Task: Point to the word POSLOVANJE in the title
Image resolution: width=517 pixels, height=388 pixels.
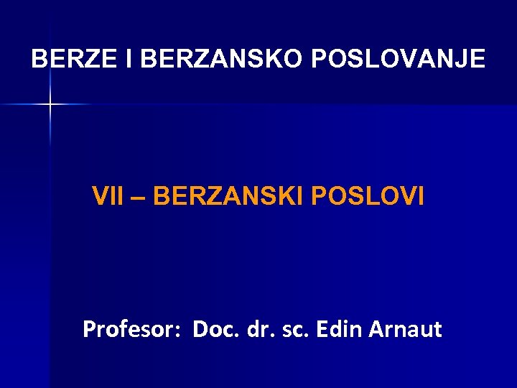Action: pyautogui.click(x=399, y=59)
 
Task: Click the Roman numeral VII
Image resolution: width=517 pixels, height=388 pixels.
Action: pyautogui.click(x=107, y=195)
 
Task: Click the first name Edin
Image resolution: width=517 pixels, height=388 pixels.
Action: pyautogui.click(x=338, y=330)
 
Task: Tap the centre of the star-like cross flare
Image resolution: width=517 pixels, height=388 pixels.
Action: pyautogui.click(x=50, y=105)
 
